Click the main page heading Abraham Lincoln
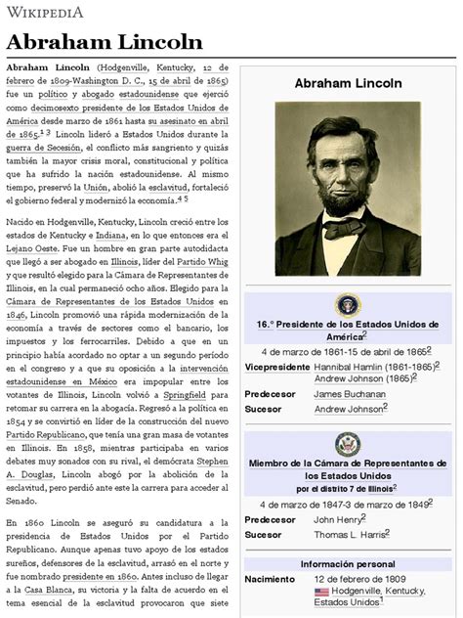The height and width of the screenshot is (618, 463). (x=105, y=41)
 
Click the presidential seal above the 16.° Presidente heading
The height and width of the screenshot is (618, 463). (x=348, y=304)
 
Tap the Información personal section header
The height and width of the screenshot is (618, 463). (x=348, y=563)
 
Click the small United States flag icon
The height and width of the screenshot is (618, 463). (x=321, y=592)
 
